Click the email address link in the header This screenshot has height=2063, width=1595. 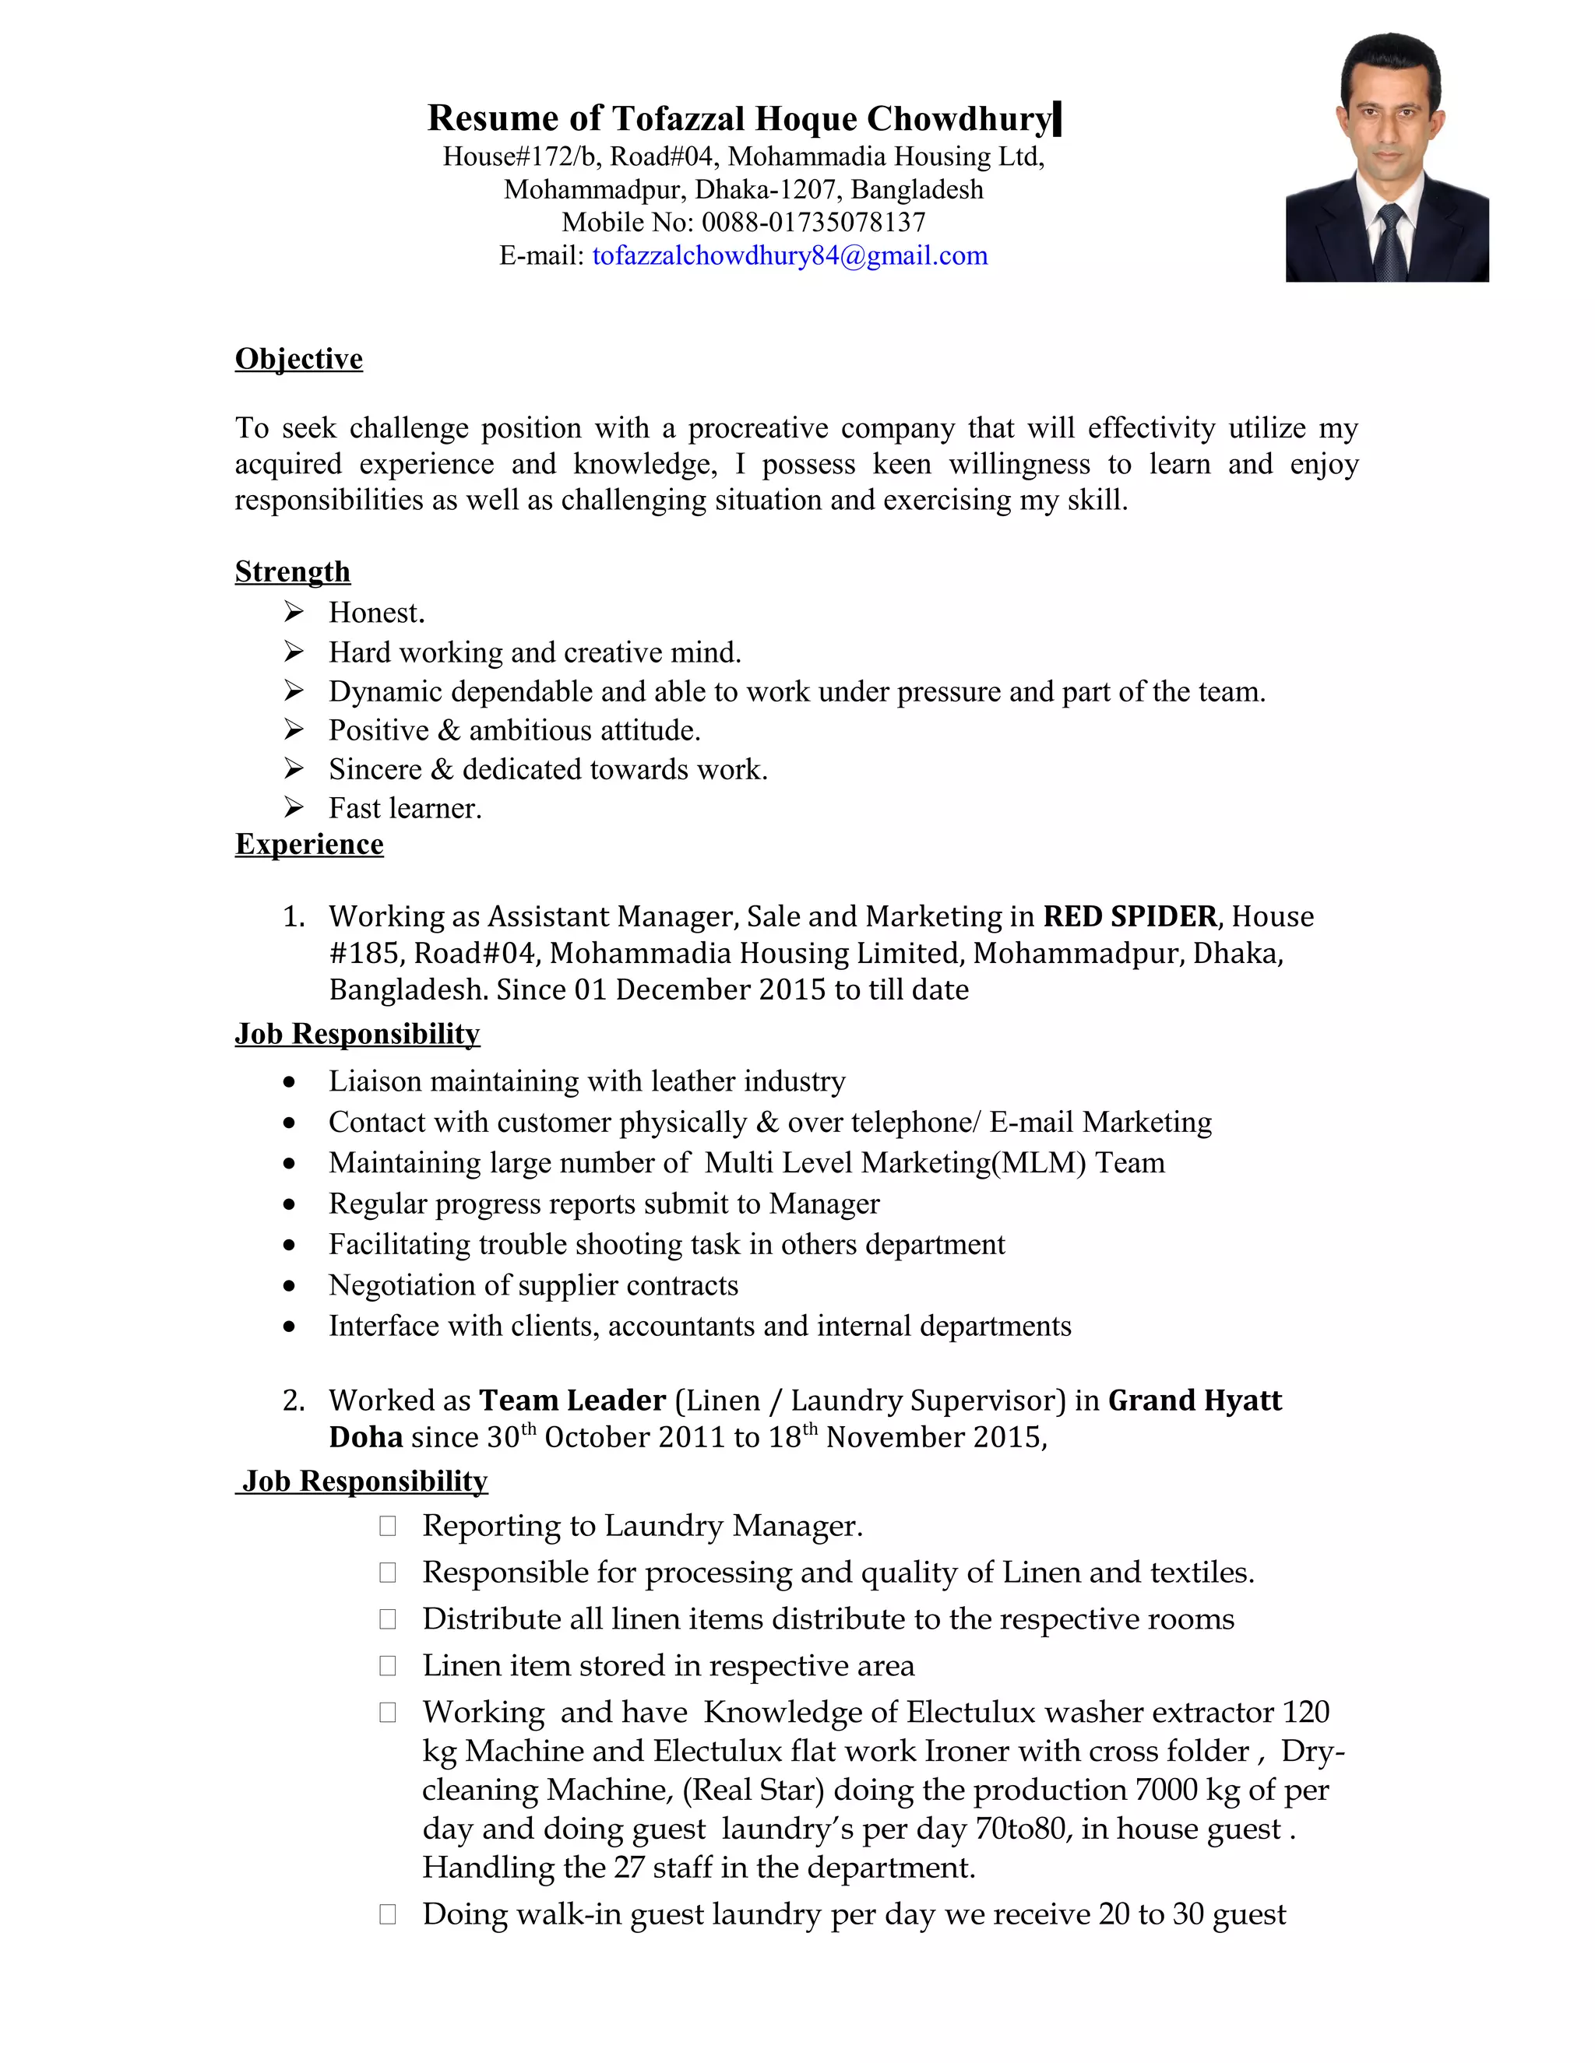click(790, 256)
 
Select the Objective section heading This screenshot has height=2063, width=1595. click(298, 359)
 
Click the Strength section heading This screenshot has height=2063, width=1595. click(292, 571)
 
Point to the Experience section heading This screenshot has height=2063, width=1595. click(309, 844)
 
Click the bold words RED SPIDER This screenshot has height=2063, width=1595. click(1130, 916)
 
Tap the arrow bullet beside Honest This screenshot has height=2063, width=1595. click(294, 612)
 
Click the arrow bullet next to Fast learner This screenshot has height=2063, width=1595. click(294, 807)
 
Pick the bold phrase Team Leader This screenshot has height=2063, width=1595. click(572, 1400)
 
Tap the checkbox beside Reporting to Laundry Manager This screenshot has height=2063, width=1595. click(387, 1526)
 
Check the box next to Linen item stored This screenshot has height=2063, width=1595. click(387, 1665)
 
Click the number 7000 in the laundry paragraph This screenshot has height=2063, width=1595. click(1166, 1790)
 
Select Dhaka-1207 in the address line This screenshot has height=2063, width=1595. click(768, 190)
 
